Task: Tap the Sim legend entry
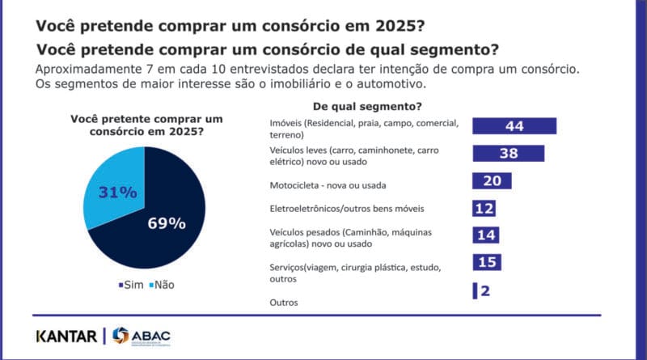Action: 132,285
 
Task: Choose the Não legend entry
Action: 162,285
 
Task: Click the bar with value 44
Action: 514,126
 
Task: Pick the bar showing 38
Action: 508,154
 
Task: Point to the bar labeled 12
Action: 484,209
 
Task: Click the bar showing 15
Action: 486,263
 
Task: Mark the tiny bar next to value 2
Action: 475,290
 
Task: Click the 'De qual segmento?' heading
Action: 361,107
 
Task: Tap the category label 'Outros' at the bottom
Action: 283,303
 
